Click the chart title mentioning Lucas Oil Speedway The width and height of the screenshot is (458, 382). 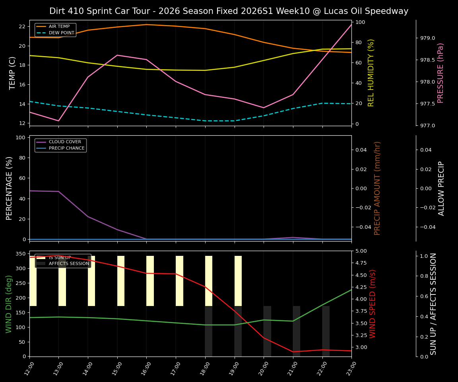229,11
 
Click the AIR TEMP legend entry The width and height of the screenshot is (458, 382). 59,27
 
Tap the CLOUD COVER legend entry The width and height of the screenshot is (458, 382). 65,142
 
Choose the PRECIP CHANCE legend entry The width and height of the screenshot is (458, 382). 66,148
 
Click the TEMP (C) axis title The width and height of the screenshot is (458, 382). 13,73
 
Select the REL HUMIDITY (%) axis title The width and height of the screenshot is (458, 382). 371,73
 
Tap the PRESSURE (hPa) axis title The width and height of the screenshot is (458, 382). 441,73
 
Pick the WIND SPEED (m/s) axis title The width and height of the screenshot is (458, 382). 373,304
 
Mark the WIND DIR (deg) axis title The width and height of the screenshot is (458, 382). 9,304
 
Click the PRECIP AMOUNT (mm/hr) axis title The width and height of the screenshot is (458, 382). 377,188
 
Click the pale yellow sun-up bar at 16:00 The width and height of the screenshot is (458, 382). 150,281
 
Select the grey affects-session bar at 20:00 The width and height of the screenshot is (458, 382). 267,331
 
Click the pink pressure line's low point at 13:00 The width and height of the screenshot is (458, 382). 58,121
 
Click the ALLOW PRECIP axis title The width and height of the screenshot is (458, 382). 441,188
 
